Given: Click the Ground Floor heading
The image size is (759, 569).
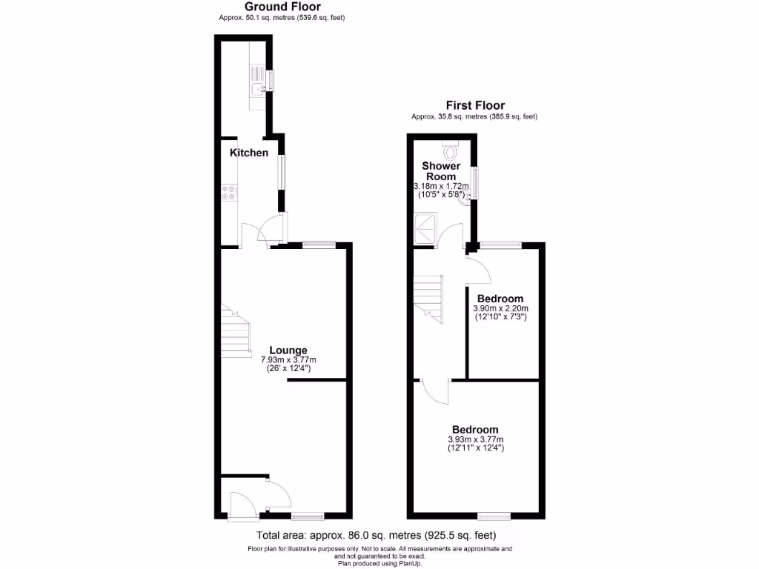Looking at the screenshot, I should click(282, 7).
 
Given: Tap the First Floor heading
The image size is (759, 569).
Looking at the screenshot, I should click(474, 106).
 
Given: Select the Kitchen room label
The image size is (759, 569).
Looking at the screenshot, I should click(249, 153).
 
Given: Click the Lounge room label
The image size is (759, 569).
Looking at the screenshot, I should click(288, 350).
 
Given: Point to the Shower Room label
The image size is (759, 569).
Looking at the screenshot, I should click(441, 171).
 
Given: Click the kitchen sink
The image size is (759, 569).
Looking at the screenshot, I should click(256, 90).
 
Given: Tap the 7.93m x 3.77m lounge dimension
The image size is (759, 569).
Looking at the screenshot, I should click(288, 360).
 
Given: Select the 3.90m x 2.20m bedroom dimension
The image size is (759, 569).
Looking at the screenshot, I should click(500, 309).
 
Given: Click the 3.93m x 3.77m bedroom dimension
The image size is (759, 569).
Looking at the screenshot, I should click(475, 439).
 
